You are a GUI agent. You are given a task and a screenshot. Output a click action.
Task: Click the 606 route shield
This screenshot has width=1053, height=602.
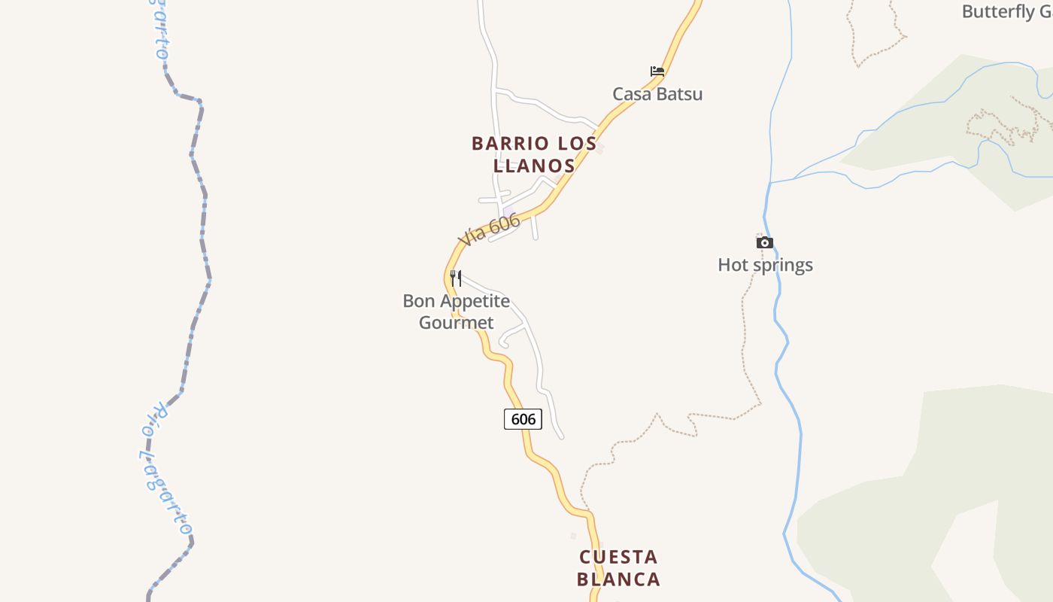click(x=523, y=419)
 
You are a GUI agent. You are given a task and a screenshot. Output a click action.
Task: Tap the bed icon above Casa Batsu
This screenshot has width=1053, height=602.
click(x=657, y=71)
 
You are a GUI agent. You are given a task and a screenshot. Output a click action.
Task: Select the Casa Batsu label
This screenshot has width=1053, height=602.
click(x=657, y=94)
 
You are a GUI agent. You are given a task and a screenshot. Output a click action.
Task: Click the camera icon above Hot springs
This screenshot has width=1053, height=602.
click(x=764, y=242)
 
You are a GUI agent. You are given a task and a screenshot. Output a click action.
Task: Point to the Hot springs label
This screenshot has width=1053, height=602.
click(x=765, y=265)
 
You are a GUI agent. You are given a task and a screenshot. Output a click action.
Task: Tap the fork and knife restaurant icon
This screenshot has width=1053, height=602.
click(x=455, y=278)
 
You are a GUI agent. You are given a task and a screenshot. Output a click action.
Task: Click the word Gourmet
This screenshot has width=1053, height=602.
click(x=457, y=323)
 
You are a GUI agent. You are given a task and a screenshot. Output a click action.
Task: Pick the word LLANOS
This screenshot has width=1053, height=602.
click(x=534, y=166)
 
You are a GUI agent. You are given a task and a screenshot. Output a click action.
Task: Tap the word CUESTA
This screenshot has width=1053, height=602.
click(x=618, y=558)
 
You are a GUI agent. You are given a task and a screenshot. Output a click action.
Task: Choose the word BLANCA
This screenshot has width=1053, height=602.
click(x=618, y=579)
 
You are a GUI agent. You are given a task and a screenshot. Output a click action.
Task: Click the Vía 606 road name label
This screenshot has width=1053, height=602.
click(x=489, y=230)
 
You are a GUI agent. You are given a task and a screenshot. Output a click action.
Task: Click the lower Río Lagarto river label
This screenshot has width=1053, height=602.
click(x=164, y=467)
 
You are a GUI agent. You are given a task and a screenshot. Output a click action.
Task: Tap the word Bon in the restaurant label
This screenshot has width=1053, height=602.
click(x=418, y=301)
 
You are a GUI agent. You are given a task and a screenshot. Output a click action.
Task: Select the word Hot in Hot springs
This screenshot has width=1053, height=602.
click(x=734, y=265)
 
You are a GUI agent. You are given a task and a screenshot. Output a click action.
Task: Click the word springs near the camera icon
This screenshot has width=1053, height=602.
click(x=783, y=265)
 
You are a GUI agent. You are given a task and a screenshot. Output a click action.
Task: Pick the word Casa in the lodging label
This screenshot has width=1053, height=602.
click(x=631, y=94)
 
